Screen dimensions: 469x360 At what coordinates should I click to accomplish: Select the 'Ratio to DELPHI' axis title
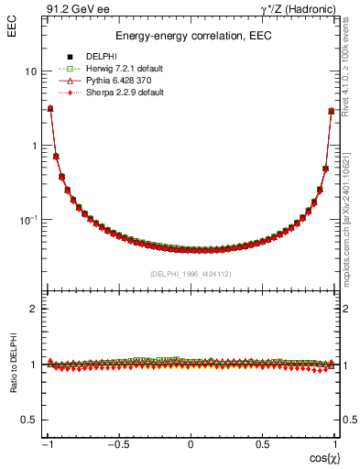point(12,364)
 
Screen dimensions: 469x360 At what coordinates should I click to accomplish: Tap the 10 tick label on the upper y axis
point(31,71)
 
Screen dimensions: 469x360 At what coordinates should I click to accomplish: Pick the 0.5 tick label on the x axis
point(261,445)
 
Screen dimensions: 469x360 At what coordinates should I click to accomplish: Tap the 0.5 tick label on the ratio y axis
point(29,420)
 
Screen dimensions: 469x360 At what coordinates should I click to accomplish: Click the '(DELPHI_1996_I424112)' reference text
point(191,274)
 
